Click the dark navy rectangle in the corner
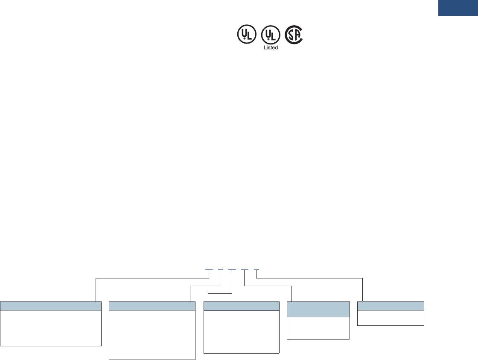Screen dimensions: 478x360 458,8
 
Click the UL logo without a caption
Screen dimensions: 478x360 247,35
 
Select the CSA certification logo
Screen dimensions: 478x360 294,35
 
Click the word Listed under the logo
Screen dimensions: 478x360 271,47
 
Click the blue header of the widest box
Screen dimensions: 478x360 51,305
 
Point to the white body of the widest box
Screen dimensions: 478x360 51,328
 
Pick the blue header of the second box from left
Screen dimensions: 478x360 152,305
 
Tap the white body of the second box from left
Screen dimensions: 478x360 152,335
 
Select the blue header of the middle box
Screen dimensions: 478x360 241,305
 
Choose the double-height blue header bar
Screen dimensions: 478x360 318,309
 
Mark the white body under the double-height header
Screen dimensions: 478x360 318,328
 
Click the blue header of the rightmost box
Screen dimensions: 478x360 391,305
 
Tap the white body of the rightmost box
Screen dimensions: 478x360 391,318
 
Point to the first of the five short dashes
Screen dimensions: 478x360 209,270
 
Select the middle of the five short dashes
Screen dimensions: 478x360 232,270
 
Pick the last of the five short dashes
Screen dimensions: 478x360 256,270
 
